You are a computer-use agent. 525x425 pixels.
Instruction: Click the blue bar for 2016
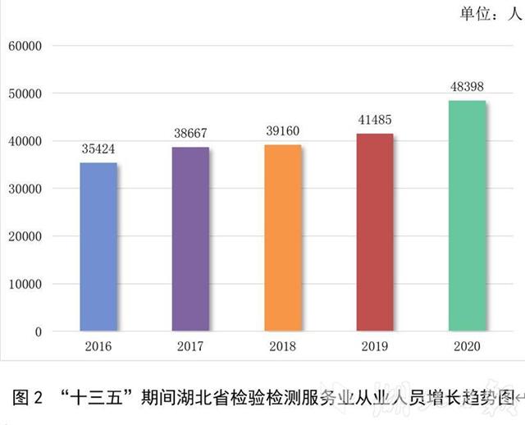(98, 247)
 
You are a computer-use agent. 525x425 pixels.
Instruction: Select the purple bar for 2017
(189, 240)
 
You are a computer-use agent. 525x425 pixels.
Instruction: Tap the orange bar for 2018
(282, 238)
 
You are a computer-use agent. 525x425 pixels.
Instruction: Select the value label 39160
(282, 131)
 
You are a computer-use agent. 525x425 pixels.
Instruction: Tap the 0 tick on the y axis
(38, 331)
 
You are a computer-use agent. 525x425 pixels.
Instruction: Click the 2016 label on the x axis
(98, 346)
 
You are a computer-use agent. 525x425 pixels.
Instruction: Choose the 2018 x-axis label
(282, 346)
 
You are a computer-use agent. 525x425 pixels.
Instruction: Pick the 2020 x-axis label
(466, 346)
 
